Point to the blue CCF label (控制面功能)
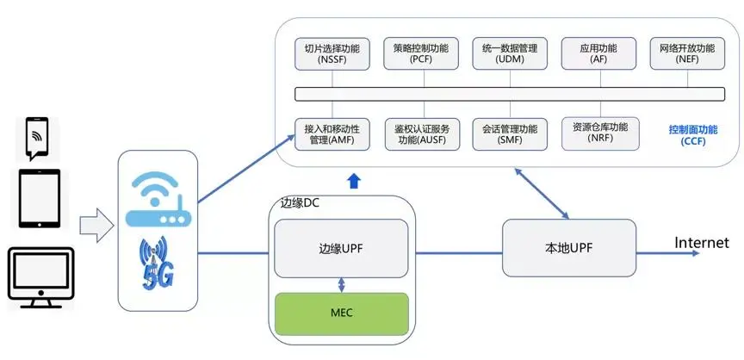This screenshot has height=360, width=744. coord(692,135)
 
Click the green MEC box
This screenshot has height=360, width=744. coord(340,312)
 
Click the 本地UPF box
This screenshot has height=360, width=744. coord(569,248)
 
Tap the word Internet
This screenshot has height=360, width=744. coord(701,243)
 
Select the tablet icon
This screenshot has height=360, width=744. coord(40,198)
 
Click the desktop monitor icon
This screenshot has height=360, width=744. coord(40,278)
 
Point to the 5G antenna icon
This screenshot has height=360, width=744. coord(158,264)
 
